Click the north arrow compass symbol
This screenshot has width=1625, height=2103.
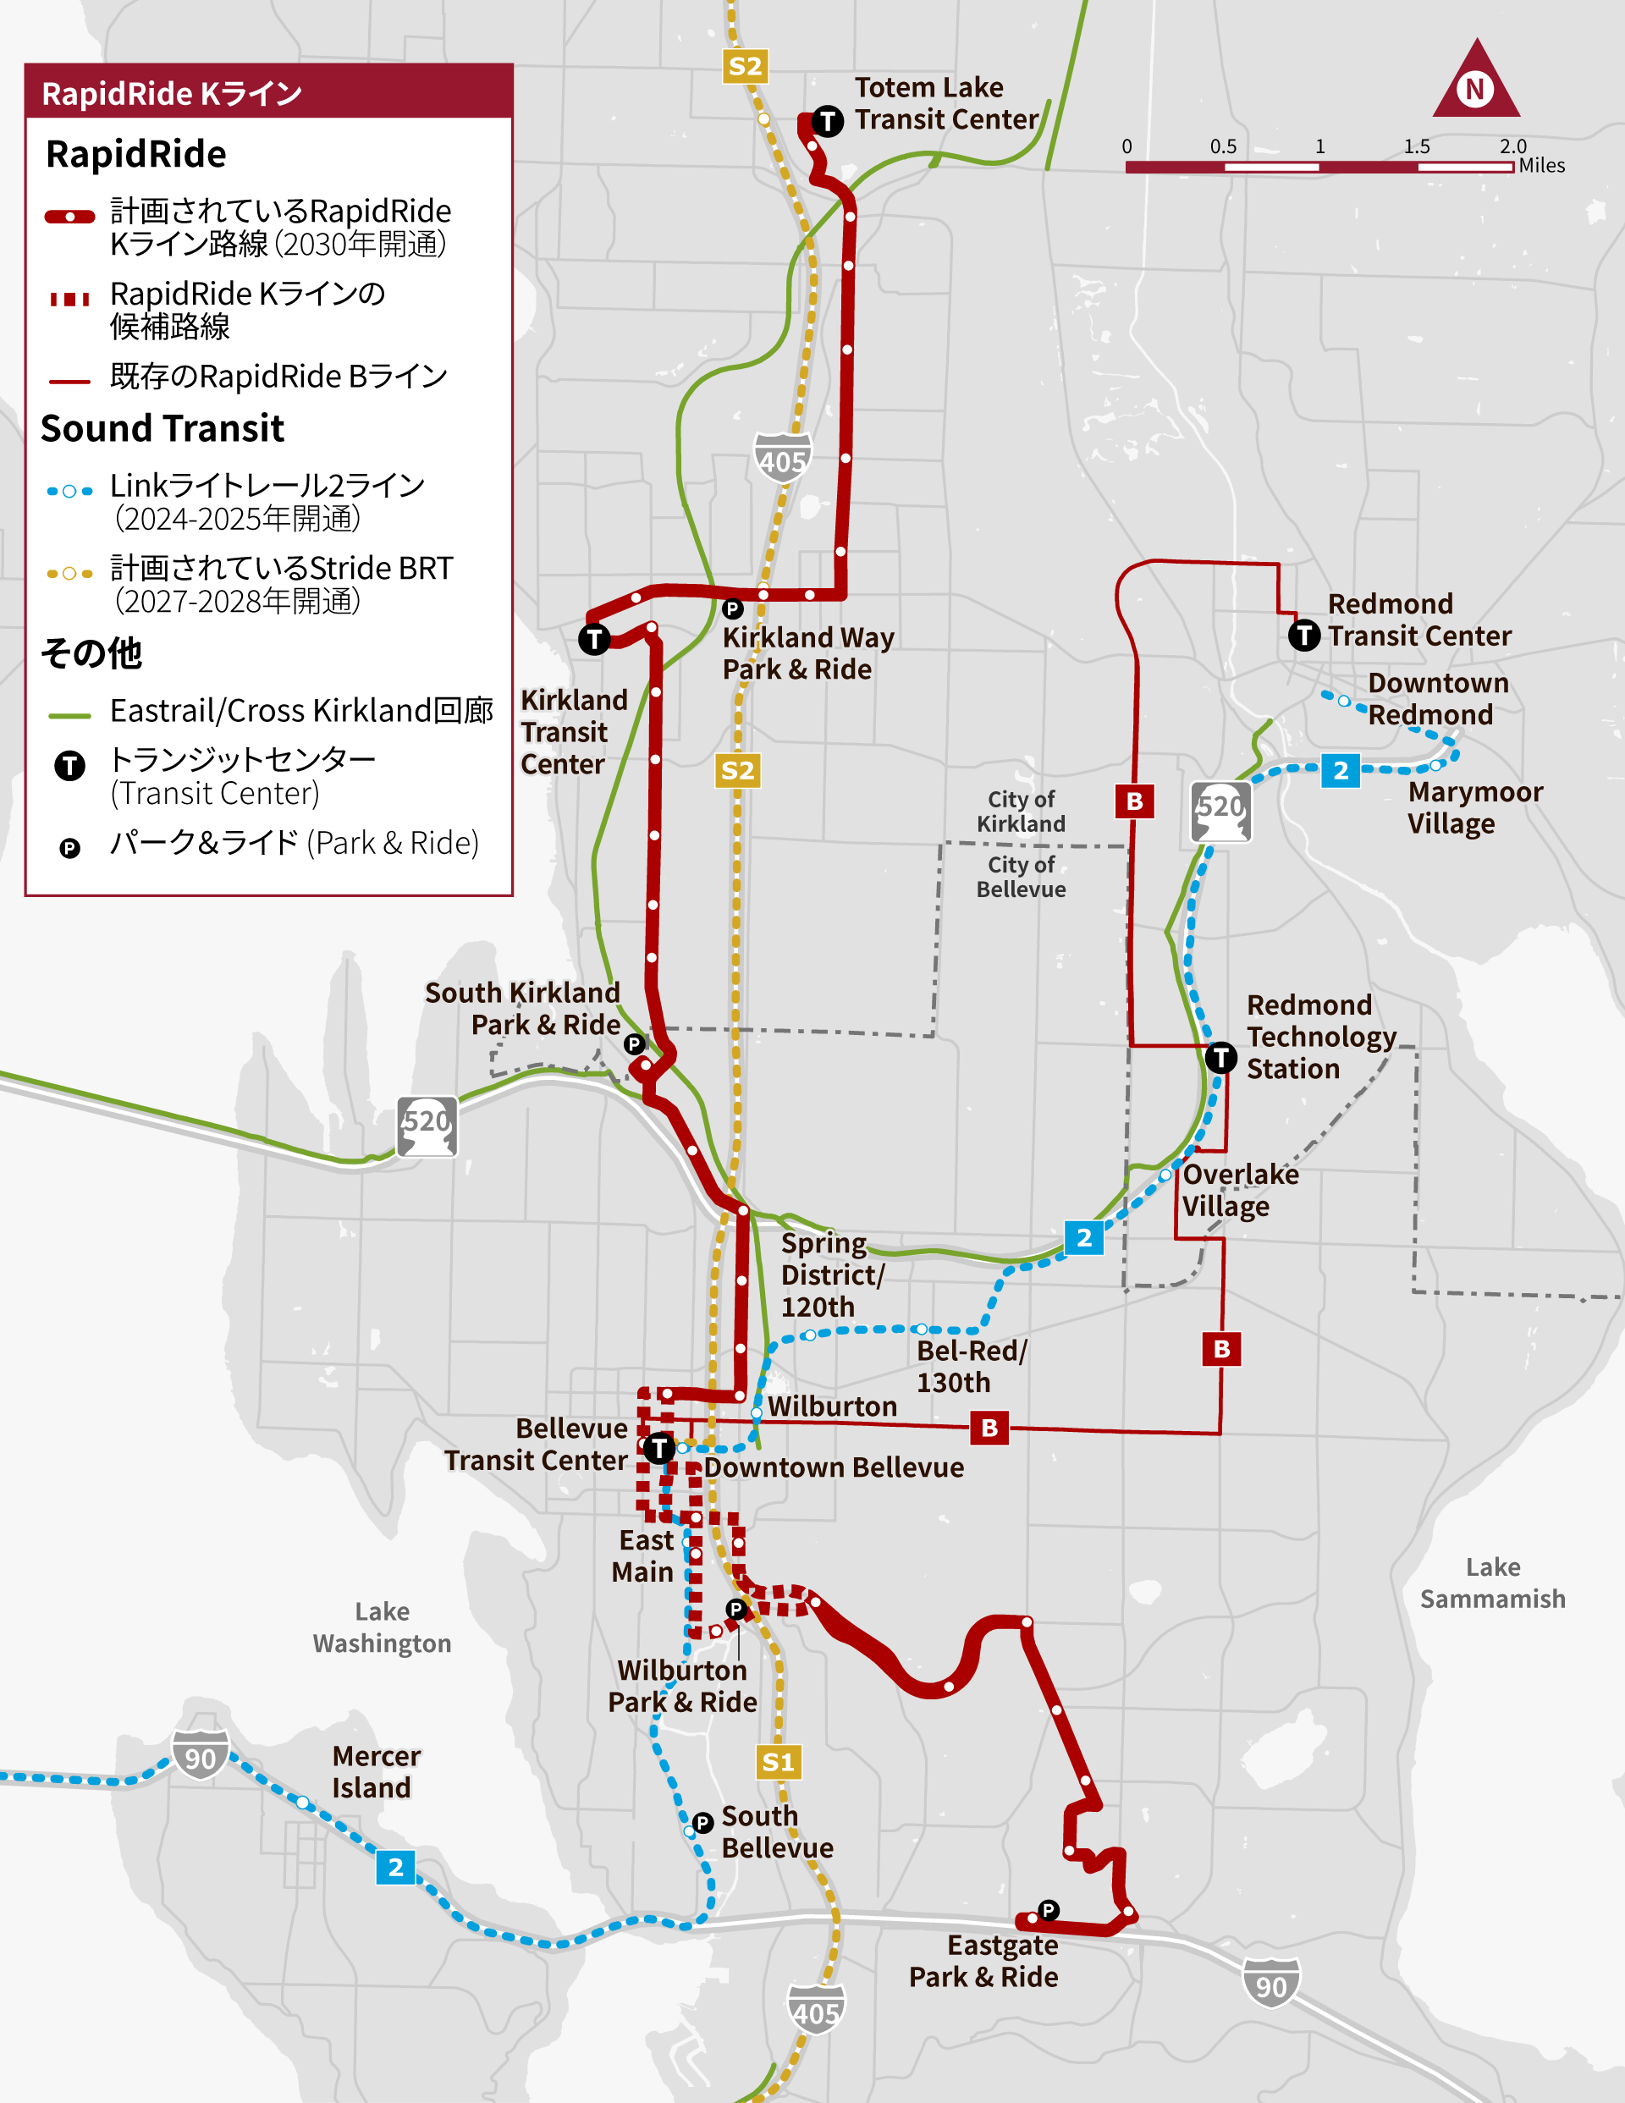point(1476,82)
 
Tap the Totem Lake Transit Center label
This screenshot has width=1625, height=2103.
point(946,103)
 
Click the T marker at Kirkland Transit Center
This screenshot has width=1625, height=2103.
point(594,638)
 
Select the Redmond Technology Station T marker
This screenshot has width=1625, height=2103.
point(1220,1057)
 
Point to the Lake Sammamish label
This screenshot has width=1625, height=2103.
point(1492,1583)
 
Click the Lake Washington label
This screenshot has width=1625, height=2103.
point(382,1627)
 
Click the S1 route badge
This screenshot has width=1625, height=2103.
point(777,1762)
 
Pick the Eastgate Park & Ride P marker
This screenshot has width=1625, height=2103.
point(1048,1909)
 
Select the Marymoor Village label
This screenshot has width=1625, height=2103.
point(1474,808)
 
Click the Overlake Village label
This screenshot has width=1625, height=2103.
point(1240,1190)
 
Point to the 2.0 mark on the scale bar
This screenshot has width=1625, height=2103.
point(1512,146)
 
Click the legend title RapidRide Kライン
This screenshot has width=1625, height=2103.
point(173,93)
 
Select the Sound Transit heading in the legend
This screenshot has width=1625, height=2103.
point(162,428)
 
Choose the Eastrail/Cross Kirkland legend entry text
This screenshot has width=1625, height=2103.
point(301,711)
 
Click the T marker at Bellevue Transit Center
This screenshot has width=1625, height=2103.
point(658,1448)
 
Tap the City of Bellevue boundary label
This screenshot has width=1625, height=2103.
point(1021,876)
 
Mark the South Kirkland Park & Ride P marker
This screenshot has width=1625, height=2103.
point(634,1043)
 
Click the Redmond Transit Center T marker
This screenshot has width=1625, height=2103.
point(1304,635)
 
